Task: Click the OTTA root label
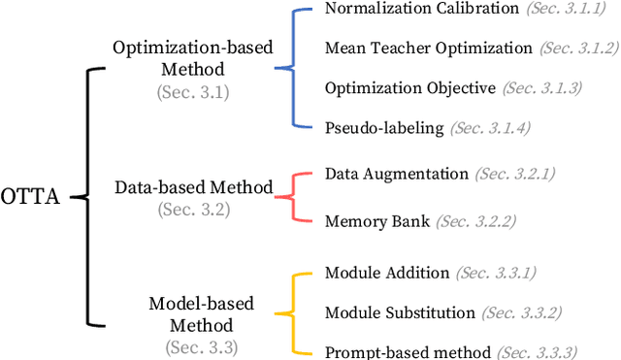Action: click(x=31, y=197)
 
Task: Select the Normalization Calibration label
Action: click(x=409, y=9)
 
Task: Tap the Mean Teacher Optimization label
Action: click(x=428, y=48)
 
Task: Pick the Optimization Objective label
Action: click(x=410, y=87)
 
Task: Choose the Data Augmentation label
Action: click(x=396, y=174)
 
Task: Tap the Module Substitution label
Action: click(x=400, y=312)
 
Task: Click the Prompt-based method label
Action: click(x=407, y=351)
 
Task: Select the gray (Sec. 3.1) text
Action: click(x=194, y=91)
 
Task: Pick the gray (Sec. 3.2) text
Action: click(x=194, y=209)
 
